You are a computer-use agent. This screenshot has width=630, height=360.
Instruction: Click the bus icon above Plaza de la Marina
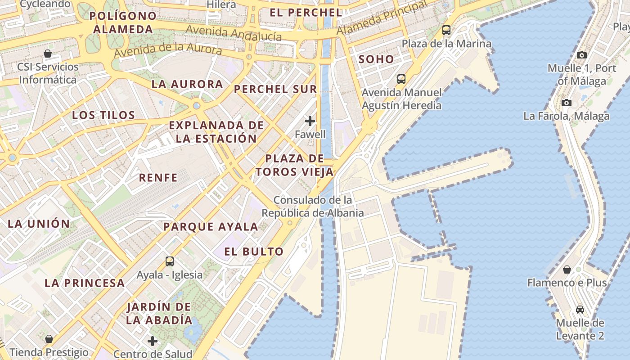point(446,30)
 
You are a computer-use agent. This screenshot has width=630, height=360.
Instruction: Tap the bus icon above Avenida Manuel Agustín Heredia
point(401,79)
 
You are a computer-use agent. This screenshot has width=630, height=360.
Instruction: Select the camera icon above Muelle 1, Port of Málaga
point(582,55)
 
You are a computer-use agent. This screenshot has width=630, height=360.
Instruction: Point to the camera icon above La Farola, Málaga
point(567,103)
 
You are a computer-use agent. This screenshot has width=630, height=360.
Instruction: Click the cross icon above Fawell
point(310,121)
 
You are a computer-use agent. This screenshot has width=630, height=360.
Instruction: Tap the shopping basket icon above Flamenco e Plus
point(567,270)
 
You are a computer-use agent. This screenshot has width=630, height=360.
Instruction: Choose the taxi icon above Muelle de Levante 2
point(580,310)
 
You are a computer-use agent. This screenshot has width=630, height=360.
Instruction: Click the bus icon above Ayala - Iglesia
point(170,261)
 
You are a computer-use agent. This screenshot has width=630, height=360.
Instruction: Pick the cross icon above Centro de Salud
point(153,341)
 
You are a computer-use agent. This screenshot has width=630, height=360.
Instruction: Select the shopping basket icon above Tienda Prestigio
point(49,338)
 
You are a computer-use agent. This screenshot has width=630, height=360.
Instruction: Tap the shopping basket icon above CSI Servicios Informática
point(48,54)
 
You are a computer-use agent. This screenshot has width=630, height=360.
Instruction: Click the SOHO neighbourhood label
point(376,59)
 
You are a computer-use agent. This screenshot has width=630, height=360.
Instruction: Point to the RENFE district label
point(158,178)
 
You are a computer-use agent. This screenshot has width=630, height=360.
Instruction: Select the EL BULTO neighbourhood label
point(254,252)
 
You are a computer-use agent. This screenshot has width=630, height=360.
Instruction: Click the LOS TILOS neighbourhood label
point(103,115)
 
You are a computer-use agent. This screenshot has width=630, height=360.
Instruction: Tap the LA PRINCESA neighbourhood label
point(85,283)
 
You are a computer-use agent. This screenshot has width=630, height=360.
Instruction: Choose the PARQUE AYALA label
point(211,227)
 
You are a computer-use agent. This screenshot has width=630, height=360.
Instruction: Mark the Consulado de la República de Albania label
point(313,207)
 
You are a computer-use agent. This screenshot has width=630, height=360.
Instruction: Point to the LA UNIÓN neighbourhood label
point(39,224)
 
